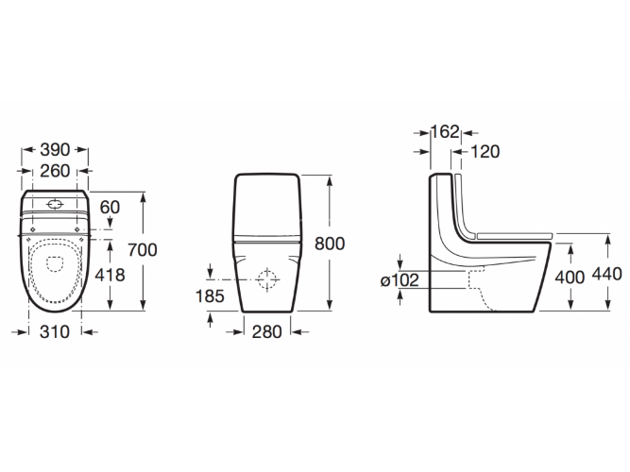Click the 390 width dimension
55,150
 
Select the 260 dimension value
55,171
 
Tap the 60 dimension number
110,208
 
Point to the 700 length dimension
143,250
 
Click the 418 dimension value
110,275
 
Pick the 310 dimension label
55,332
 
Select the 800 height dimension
330,244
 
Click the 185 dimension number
210,296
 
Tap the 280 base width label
267,332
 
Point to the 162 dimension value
445,132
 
